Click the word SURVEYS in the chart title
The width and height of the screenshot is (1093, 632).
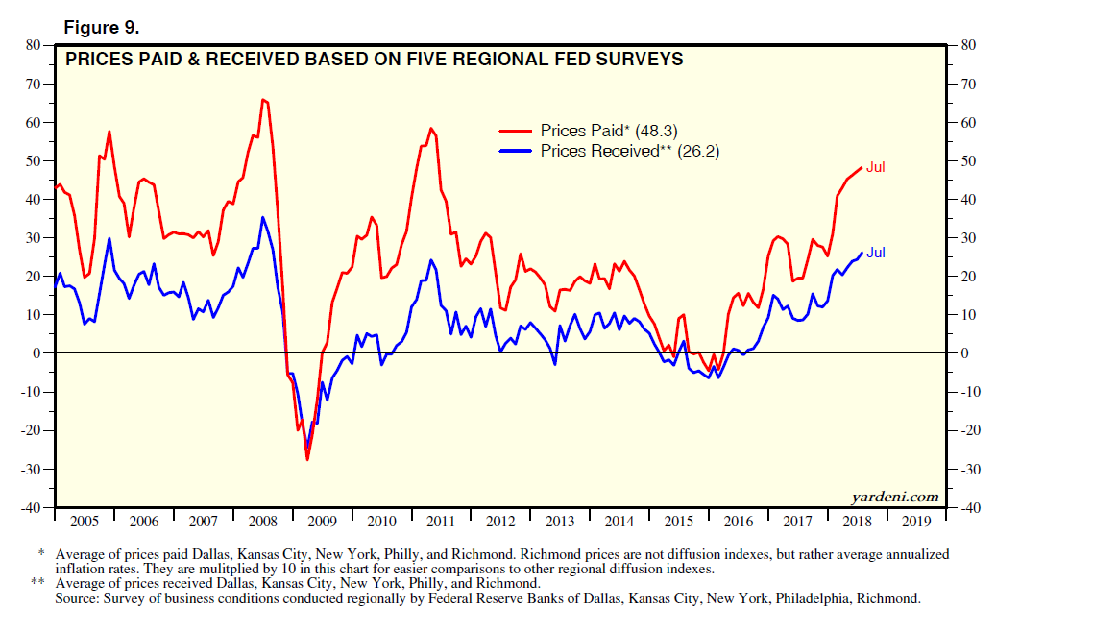(635, 60)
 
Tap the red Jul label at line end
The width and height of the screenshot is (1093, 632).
(875, 167)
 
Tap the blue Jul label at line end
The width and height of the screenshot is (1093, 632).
(875, 253)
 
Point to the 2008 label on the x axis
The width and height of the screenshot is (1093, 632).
(262, 522)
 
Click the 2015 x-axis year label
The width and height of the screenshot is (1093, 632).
(679, 522)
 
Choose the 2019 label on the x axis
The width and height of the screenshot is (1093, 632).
(916, 522)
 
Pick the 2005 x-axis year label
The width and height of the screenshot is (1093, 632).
(85, 522)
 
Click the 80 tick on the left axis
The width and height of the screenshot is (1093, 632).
(32, 45)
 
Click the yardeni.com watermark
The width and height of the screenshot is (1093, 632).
(894, 497)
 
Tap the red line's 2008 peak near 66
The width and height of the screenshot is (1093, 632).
(262, 99)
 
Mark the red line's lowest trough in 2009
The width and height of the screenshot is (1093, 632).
(307, 459)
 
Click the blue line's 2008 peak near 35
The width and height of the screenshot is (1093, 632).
(263, 217)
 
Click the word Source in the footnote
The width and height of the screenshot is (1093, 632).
(78, 598)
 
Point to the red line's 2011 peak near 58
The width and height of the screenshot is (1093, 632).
(430, 128)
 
